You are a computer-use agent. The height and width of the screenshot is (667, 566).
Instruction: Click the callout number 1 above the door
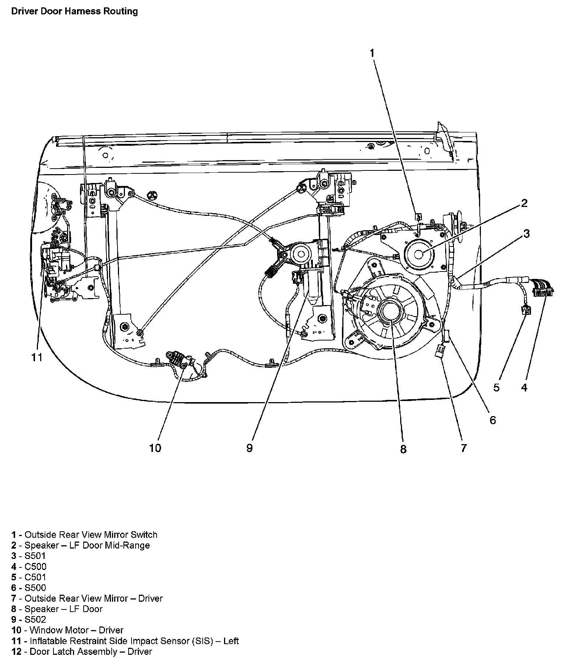[372, 53]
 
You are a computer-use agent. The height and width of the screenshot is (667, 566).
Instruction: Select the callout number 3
[527, 233]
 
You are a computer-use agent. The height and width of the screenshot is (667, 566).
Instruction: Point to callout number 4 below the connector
[524, 387]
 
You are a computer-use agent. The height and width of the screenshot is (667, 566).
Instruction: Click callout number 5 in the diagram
[496, 387]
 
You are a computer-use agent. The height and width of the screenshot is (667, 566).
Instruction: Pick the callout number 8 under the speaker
[403, 449]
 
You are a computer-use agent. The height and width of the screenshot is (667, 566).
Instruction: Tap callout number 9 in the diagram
[249, 448]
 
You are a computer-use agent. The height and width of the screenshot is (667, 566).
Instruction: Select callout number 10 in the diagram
[155, 448]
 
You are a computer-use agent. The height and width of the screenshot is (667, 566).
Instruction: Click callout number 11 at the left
[37, 357]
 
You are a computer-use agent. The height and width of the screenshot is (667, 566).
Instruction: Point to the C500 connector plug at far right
[542, 289]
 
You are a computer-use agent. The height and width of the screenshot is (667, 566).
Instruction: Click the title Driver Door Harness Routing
[74, 11]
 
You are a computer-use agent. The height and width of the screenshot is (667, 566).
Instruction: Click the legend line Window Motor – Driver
[68, 630]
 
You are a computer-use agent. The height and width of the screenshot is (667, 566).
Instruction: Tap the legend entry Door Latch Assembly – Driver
[82, 652]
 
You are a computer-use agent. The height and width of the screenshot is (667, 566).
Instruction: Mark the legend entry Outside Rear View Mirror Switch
[84, 535]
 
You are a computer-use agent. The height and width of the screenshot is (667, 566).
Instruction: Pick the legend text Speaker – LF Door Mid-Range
[81, 545]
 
